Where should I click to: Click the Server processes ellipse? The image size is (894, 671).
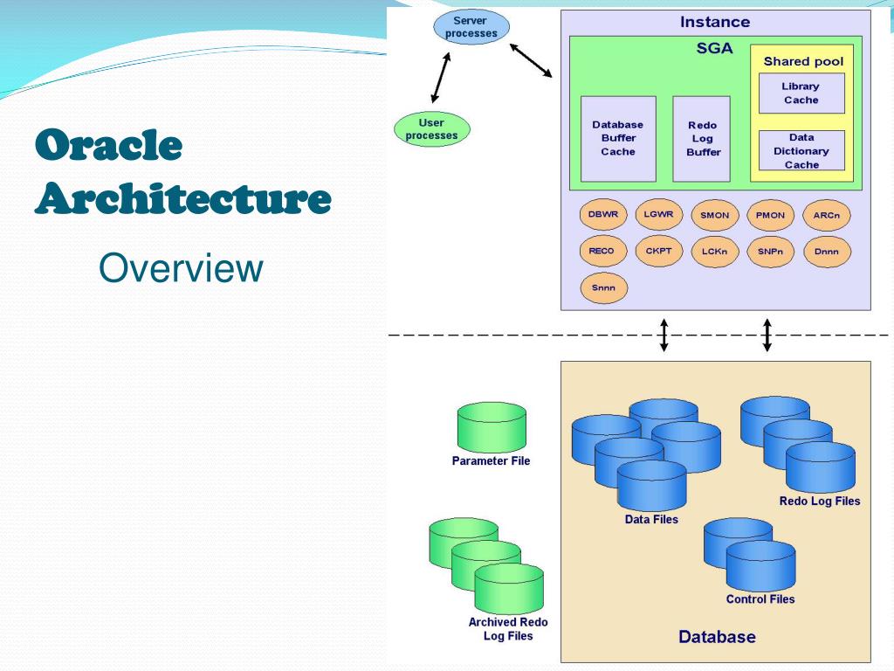coord(471,27)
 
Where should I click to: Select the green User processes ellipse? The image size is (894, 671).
coord(431,129)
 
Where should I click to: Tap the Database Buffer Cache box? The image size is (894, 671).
coord(617,138)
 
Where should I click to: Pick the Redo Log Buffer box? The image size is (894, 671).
coord(702,138)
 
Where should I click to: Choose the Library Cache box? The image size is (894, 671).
coord(801,93)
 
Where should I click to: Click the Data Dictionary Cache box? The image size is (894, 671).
coord(801,150)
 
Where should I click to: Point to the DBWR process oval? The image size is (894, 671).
coord(602,215)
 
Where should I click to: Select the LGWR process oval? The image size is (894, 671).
coord(658,215)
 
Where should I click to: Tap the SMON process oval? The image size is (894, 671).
coord(714,216)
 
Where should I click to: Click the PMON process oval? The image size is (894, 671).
coord(770,216)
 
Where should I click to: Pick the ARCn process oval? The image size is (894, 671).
coord(826,216)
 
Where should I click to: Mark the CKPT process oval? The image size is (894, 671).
coord(658,252)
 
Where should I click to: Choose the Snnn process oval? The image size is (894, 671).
coord(602,287)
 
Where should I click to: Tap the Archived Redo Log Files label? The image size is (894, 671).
coord(508,629)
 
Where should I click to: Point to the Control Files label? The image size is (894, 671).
coord(760,599)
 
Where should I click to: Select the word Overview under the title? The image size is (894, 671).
coord(182,269)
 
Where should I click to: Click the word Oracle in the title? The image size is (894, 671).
coord(109,146)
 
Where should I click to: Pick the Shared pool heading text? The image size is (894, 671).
coord(803,62)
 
